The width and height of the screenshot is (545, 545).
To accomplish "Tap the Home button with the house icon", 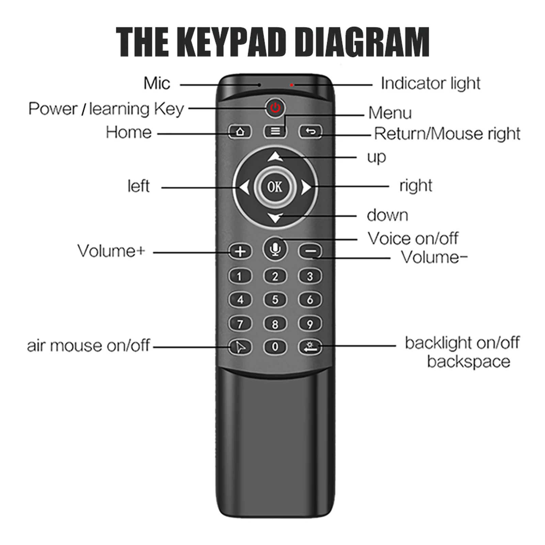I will coord(240,132).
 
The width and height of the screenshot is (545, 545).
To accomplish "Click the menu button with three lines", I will coord(275,131).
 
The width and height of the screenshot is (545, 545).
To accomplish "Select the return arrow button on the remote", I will coord(310,131).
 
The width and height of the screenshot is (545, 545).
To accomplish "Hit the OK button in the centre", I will coord(275,187).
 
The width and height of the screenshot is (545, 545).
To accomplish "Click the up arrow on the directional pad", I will coord(275,157).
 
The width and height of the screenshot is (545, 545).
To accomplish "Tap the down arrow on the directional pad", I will coord(275,217).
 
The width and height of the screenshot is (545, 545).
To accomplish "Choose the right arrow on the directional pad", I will coord(306,187).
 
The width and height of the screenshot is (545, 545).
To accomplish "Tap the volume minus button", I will coord(310,252).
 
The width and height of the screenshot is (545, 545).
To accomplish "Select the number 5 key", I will coord(275,300).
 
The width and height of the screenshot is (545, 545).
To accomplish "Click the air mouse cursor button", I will coord(240,347).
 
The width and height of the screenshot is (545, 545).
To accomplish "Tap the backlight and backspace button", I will coord(310,347).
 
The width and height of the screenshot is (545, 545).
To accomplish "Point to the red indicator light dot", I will coord(292,85).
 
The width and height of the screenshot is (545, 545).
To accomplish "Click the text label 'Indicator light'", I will coord(430,83).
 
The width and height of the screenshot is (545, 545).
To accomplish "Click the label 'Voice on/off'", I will coord(413,239).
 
